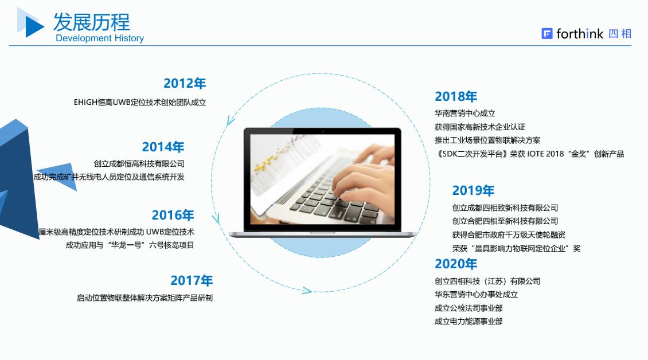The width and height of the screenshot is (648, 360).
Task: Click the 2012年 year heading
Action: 184,83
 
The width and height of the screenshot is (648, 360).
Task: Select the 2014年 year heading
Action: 163,147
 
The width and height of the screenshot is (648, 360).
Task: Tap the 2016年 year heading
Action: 173,215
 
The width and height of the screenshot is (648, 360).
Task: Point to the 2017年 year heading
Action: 191,280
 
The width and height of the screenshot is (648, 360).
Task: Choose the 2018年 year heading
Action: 455,96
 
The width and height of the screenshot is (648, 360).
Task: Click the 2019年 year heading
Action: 473,190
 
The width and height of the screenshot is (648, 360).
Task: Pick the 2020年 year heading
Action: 455,264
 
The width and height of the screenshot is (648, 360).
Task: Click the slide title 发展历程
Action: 92,22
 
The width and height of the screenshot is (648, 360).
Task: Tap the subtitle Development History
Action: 100,38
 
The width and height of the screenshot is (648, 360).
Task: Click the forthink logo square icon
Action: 546,34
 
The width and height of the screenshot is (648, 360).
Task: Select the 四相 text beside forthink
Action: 620,34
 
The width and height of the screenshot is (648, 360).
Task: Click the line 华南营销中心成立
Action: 464,114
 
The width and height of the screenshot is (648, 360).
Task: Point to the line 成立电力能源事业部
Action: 468,322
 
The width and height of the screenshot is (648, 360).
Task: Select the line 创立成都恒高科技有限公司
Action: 139,163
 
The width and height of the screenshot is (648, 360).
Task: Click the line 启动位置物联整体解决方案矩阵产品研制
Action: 145,298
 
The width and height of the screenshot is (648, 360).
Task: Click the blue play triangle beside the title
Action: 33,25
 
